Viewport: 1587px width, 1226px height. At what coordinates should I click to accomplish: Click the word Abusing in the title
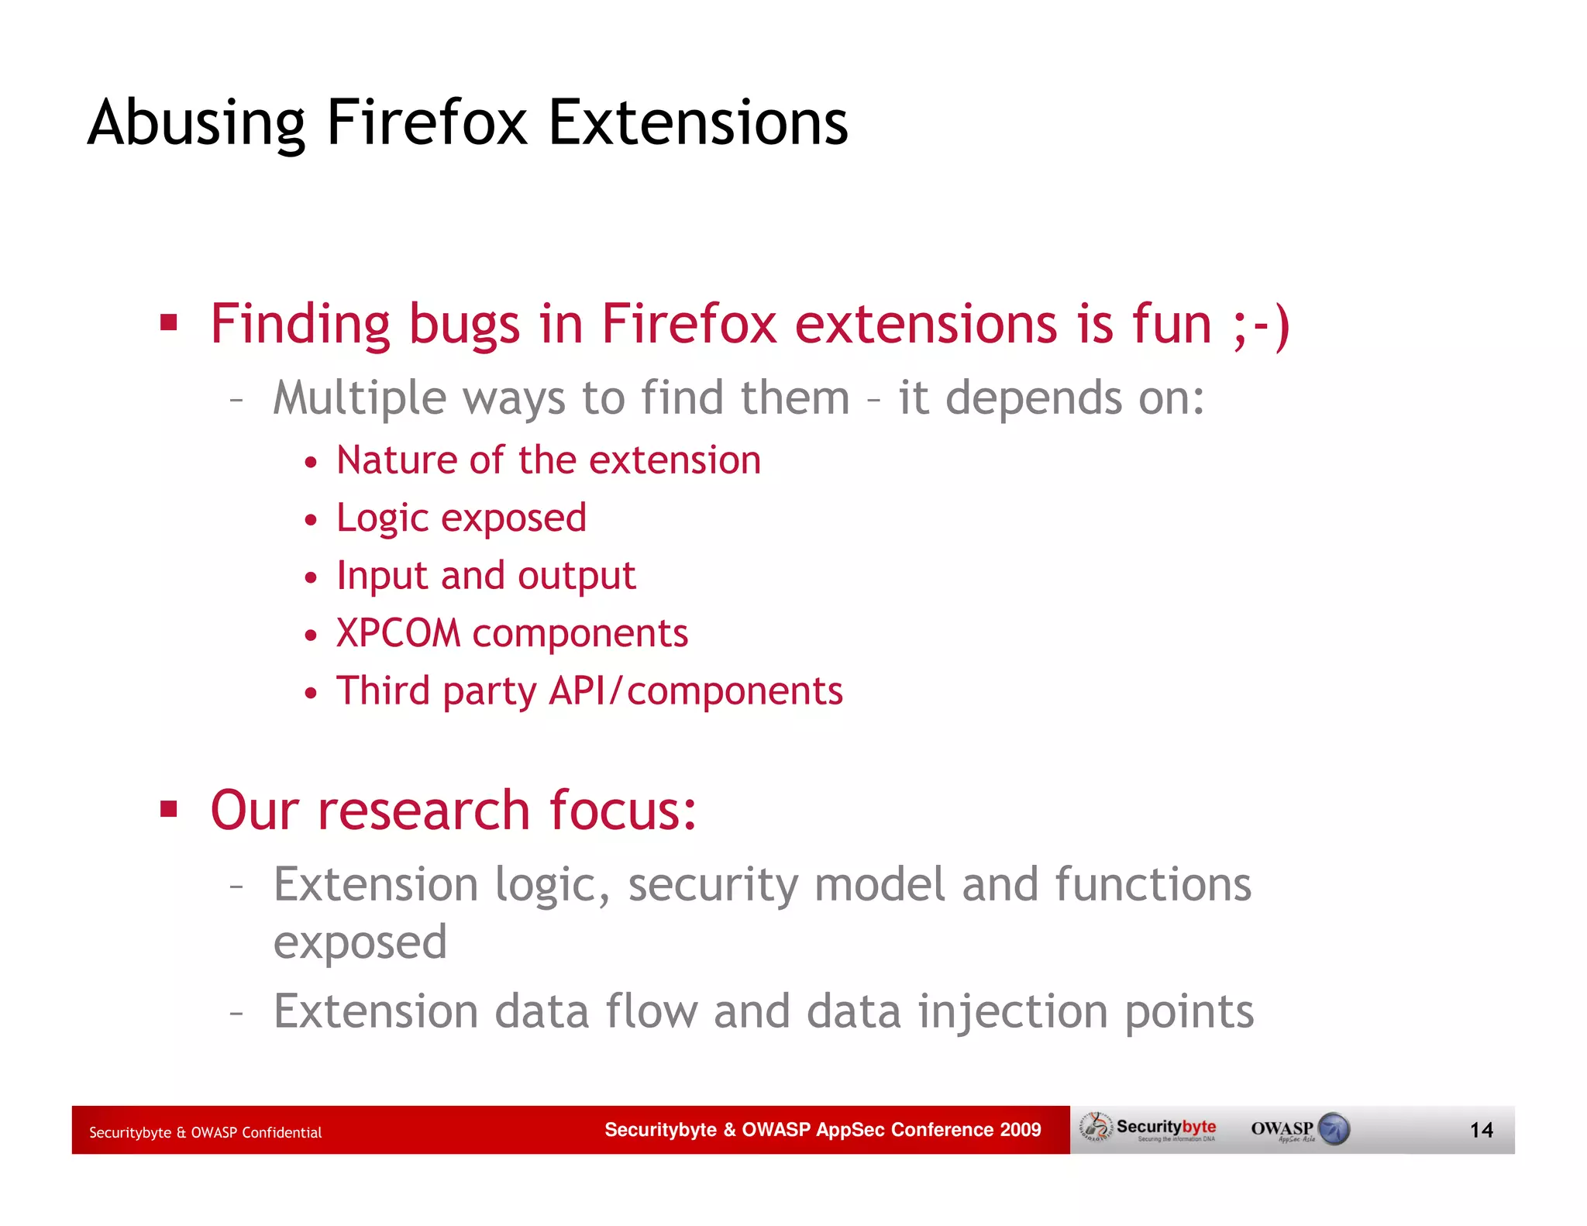click(x=196, y=124)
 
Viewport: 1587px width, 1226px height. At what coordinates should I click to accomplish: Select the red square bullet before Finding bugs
click(x=169, y=322)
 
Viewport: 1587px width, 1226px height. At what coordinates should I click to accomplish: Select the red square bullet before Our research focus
click(x=169, y=810)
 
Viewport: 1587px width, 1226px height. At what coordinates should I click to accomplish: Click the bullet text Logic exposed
click(x=461, y=518)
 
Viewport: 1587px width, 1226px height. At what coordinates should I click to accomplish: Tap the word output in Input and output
click(x=576, y=576)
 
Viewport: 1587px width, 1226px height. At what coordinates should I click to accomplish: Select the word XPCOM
click(x=398, y=633)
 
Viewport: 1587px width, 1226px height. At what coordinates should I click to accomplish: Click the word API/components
click(x=695, y=690)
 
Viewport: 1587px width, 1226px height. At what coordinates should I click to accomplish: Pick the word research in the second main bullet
click(x=424, y=811)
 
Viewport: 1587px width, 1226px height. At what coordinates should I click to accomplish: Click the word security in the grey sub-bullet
click(x=712, y=885)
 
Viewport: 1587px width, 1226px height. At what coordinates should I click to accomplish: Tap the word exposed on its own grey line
click(x=360, y=943)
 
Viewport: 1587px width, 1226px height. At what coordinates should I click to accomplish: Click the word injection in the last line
click(x=1013, y=1012)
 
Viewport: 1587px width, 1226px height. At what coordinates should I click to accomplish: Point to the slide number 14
click(x=1481, y=1131)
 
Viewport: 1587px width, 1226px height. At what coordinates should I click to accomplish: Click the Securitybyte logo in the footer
click(x=1150, y=1129)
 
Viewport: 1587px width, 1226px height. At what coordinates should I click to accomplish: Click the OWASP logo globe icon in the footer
click(x=1334, y=1129)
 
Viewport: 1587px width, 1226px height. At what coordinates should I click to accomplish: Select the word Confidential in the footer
click(x=281, y=1133)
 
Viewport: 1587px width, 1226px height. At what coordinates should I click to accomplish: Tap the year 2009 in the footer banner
click(x=1020, y=1130)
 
